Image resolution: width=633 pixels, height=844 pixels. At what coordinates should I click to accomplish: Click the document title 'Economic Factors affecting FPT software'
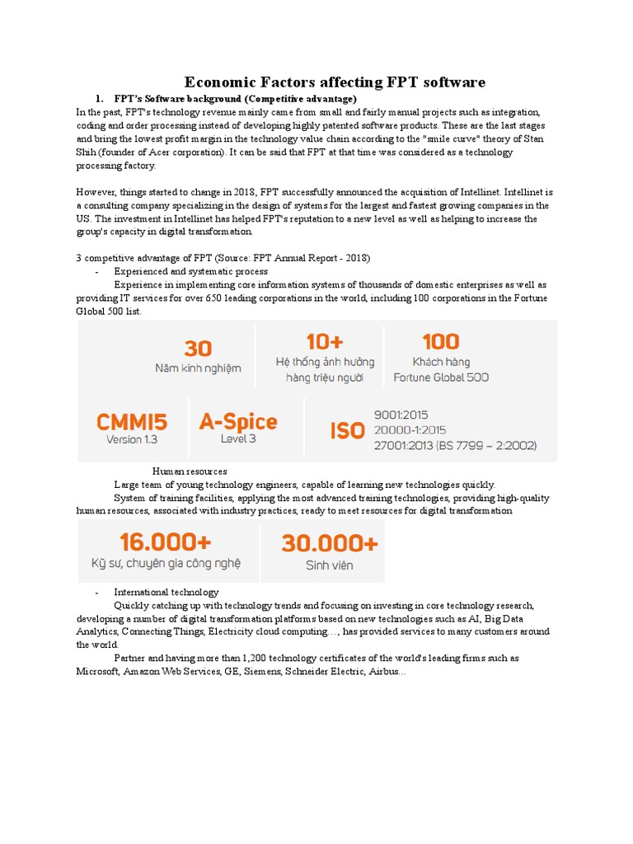click(x=335, y=82)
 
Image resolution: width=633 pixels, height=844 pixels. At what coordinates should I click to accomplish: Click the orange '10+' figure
click(x=324, y=342)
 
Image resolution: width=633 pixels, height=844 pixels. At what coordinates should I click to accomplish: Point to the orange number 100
click(x=440, y=341)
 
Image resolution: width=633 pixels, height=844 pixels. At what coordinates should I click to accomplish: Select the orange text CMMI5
click(x=132, y=422)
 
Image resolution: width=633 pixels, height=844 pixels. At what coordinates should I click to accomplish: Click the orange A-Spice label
click(x=237, y=422)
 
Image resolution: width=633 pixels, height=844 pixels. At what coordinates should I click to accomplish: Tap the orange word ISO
click(x=347, y=430)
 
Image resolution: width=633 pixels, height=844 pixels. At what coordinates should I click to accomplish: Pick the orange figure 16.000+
click(x=165, y=542)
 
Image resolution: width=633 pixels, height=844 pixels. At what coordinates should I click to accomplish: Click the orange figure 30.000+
click(x=330, y=543)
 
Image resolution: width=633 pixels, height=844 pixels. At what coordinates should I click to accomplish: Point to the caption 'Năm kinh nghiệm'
click(x=198, y=368)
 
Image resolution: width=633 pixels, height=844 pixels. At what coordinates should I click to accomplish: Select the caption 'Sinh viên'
click(x=330, y=565)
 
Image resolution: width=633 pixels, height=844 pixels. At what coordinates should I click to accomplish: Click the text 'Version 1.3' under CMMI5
click(x=132, y=440)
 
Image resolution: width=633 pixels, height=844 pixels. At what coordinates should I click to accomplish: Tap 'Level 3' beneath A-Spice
click(x=237, y=439)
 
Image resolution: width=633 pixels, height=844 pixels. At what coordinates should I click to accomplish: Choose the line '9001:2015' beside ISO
click(x=401, y=415)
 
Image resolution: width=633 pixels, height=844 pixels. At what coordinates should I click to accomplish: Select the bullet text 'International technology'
click(x=166, y=592)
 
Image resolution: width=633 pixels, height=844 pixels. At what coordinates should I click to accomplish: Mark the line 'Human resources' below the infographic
click(x=190, y=471)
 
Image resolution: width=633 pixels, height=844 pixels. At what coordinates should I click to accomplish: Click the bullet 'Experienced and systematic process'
click(x=190, y=271)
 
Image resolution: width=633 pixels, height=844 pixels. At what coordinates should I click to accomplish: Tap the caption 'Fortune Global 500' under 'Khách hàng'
click(x=441, y=377)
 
